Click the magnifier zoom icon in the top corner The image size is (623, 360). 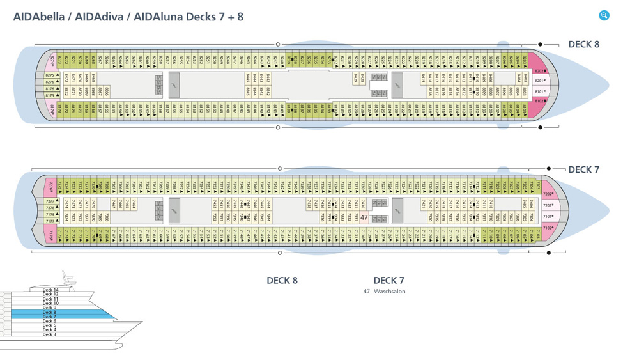[604, 15]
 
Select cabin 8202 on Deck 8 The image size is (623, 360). [541, 71]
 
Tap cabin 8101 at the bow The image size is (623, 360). [541, 91]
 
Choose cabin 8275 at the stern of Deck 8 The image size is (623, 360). [52, 75]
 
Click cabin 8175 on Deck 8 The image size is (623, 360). [52, 95]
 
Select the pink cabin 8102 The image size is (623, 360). [541, 101]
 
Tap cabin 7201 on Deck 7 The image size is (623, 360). [548, 206]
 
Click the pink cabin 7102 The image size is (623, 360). [548, 228]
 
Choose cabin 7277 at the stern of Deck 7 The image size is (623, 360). [51, 201]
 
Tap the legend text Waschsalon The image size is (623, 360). [390, 292]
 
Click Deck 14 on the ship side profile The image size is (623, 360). [50, 290]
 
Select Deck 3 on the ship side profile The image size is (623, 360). [49, 334]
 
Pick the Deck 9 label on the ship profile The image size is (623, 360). [50, 308]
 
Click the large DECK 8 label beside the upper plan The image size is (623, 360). [583, 45]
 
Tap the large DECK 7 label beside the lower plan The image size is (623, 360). [583, 169]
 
